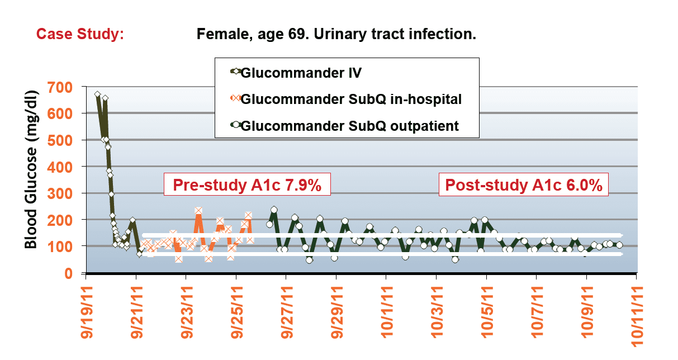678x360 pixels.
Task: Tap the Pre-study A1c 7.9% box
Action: pyautogui.click(x=246, y=186)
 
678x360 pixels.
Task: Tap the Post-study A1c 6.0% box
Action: pyautogui.click(x=523, y=186)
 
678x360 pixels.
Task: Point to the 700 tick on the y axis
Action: pyautogui.click(x=61, y=87)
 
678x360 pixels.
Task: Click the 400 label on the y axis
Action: pyautogui.click(x=61, y=167)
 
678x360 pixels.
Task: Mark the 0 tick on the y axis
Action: pyautogui.click(x=70, y=273)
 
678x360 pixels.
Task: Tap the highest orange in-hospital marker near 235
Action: pyautogui.click(x=198, y=211)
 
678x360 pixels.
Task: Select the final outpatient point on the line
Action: pyautogui.click(x=619, y=245)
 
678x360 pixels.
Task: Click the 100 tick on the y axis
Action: pyautogui.click(x=61, y=247)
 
